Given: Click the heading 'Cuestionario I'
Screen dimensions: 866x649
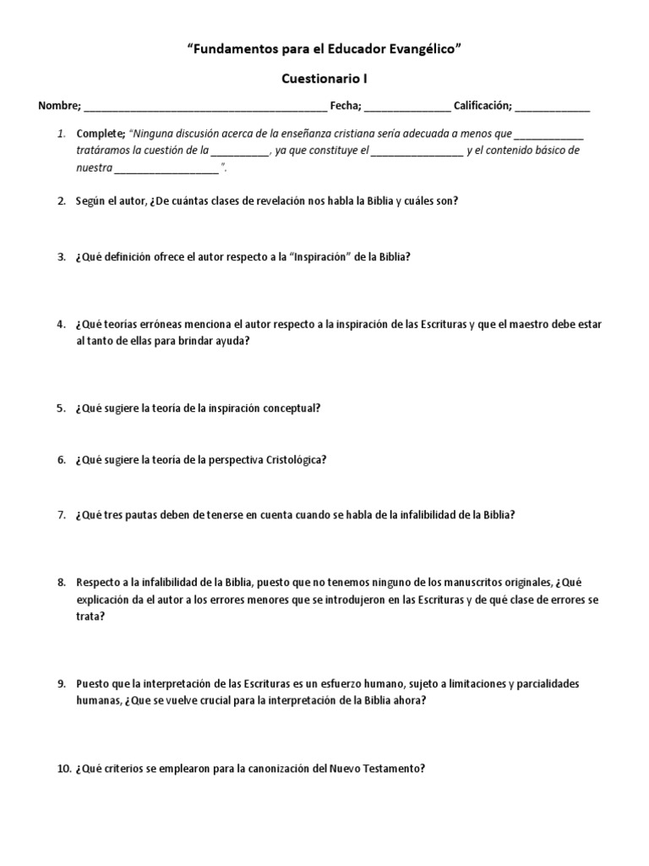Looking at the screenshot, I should tap(324, 79).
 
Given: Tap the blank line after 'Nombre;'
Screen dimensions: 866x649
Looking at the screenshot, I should tap(205, 107).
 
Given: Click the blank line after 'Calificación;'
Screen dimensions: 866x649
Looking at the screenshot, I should tap(553, 107).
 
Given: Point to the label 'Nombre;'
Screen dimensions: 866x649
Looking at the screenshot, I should tap(59, 106).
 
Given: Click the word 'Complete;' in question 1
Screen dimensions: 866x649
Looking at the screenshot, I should tap(101, 134).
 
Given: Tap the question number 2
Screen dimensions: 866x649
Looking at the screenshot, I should tap(62, 201).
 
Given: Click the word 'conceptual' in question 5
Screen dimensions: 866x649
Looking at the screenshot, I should tap(289, 408).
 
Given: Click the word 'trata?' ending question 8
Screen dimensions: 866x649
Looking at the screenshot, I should tap(90, 617).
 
